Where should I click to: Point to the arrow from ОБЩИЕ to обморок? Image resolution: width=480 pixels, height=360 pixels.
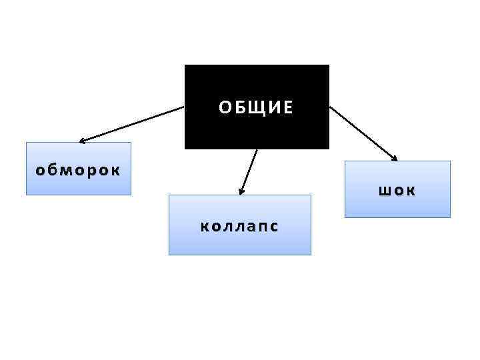133,123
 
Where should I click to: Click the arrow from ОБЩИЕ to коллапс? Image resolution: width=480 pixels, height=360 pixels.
249,171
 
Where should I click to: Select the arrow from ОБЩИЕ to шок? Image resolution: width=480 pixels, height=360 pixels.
363,132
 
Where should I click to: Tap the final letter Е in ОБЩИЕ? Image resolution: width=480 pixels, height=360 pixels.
288,108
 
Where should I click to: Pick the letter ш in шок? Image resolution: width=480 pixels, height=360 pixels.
385,191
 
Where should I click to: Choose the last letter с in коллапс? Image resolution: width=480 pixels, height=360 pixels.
273,227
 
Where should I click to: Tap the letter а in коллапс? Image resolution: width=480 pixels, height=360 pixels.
246,227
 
